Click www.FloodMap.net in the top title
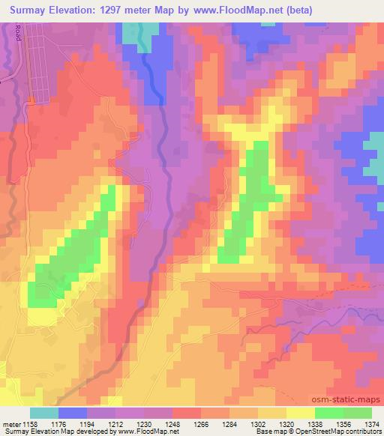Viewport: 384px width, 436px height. point(234,10)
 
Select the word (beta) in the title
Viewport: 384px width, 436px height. point(297,10)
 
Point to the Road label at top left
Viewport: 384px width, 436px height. point(18,33)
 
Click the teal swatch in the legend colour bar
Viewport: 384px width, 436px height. point(45,413)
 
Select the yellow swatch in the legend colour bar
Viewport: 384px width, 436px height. point(300,413)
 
